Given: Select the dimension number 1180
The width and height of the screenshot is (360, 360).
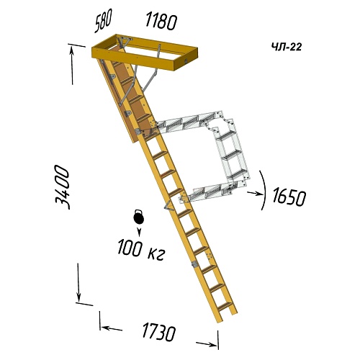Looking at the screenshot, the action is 161,22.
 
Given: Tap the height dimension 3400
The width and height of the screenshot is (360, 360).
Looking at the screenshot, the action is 62,187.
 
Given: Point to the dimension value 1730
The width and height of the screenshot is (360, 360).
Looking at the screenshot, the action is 159,331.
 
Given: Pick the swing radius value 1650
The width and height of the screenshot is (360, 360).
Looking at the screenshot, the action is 289,197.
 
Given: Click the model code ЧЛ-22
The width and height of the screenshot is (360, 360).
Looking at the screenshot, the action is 287,47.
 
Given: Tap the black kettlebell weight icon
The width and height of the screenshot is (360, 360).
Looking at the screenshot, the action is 139,217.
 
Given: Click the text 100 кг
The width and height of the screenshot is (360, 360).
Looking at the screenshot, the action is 141,250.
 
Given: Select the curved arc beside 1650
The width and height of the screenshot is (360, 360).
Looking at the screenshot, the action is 264,190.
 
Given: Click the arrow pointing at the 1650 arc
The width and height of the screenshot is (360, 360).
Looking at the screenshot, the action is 255,193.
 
